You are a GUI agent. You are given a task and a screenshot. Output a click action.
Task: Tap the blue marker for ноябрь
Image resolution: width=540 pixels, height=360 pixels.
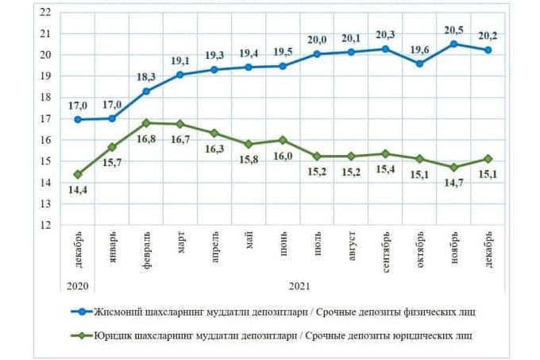453,45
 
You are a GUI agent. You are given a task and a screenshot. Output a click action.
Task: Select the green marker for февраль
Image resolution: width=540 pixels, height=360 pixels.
146,122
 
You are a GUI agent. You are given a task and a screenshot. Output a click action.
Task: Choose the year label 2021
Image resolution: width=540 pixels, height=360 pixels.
299,285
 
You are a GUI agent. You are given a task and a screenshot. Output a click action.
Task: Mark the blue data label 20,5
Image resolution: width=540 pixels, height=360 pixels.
453,29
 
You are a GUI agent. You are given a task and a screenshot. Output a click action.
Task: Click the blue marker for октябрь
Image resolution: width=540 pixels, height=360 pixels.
419,64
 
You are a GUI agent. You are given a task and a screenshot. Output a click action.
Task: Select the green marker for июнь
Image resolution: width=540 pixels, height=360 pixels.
283,140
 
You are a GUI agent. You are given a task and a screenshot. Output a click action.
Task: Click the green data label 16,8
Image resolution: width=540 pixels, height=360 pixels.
147,137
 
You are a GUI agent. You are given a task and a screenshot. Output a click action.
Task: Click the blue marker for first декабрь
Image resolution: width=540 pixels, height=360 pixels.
77,119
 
